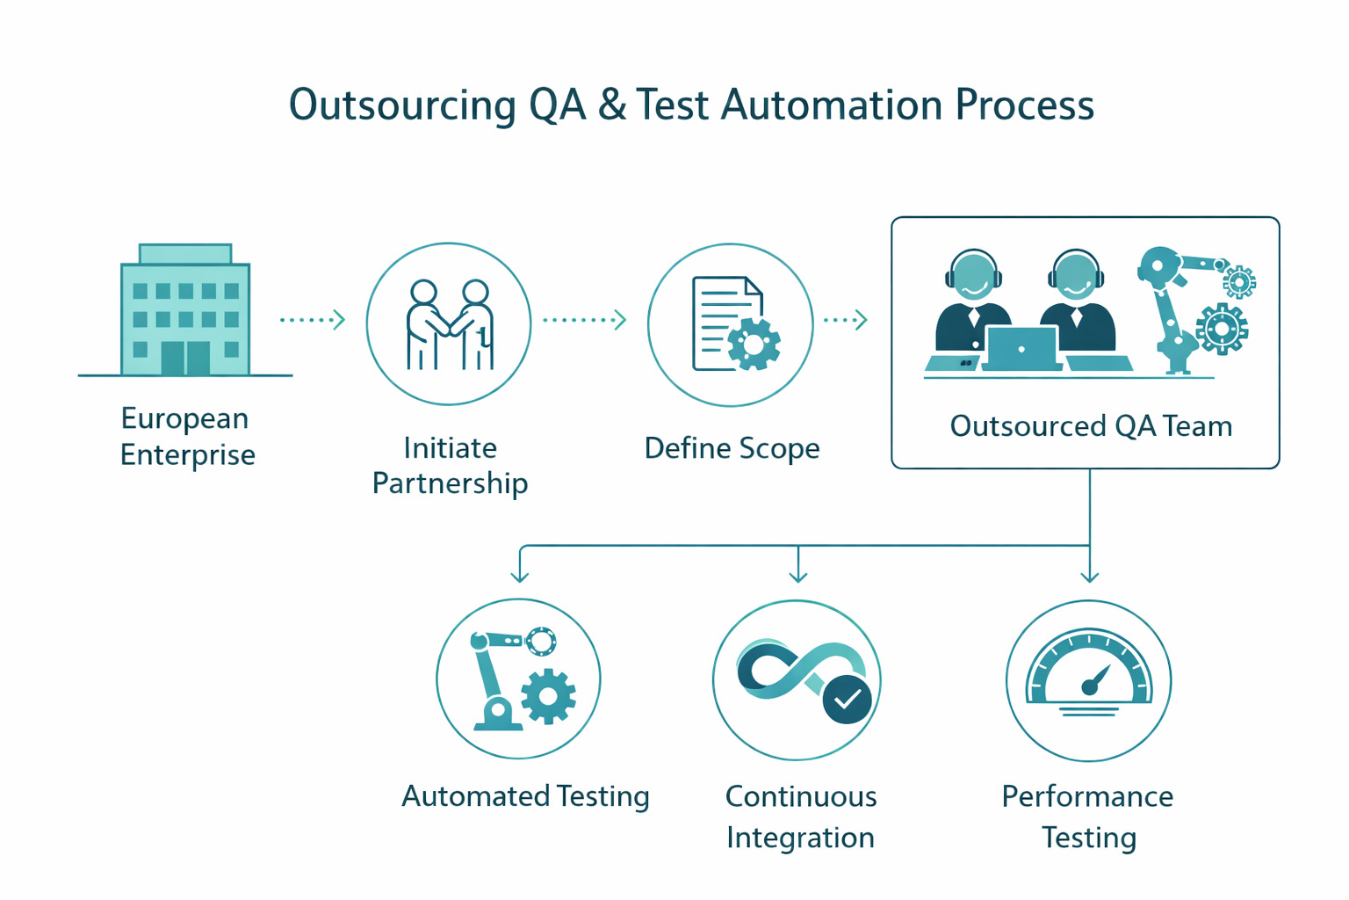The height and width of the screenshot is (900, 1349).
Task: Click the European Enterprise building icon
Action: (185, 311)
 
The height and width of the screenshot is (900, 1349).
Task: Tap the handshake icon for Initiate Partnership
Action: (449, 324)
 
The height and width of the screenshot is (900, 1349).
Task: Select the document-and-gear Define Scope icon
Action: (730, 324)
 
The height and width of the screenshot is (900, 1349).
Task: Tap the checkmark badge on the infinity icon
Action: (847, 700)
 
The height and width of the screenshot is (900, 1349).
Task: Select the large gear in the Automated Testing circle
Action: (548, 696)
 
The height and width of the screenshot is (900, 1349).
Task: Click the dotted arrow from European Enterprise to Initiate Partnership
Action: (313, 320)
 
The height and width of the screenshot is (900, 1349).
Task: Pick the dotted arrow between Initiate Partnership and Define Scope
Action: (584, 320)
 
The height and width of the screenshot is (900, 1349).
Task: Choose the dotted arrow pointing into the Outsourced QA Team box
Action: (845, 320)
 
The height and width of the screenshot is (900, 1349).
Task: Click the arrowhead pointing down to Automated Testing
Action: (520, 575)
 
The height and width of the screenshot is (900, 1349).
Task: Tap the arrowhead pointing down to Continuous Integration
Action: (797, 575)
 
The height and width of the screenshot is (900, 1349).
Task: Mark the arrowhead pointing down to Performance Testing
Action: (1090, 575)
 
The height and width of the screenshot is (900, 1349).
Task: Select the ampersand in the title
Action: (611, 105)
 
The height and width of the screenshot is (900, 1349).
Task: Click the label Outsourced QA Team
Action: (1091, 426)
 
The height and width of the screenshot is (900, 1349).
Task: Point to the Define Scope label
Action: (732, 448)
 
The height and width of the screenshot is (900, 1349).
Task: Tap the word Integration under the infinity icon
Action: (800, 838)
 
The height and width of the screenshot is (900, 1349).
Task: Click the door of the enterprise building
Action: (185, 358)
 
